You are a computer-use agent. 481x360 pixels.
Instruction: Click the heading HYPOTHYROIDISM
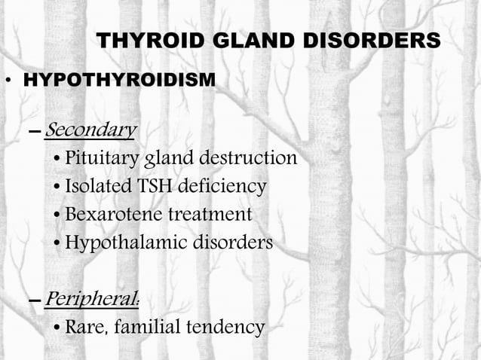click(x=120, y=79)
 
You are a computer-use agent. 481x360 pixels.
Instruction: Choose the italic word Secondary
click(x=90, y=130)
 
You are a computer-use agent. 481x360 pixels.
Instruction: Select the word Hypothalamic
click(x=117, y=243)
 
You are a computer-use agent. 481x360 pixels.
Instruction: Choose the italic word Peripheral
click(x=90, y=299)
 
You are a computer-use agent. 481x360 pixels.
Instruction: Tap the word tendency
click(x=228, y=328)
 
